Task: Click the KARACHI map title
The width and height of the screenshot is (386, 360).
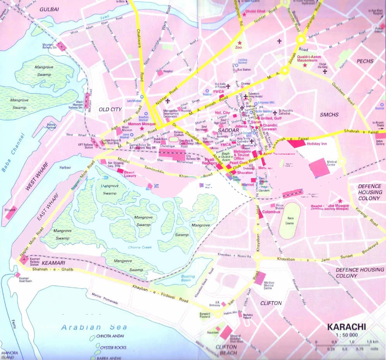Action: [346, 326]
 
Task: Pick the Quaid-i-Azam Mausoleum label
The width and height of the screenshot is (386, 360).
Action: [310, 58]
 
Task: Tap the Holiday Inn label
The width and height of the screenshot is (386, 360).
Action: [317, 144]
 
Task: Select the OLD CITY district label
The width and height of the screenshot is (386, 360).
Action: [110, 110]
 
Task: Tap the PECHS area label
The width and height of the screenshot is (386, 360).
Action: [365, 61]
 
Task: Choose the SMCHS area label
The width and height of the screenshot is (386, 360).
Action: [329, 115]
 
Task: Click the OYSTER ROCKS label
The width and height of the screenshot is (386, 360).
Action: [113, 348]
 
